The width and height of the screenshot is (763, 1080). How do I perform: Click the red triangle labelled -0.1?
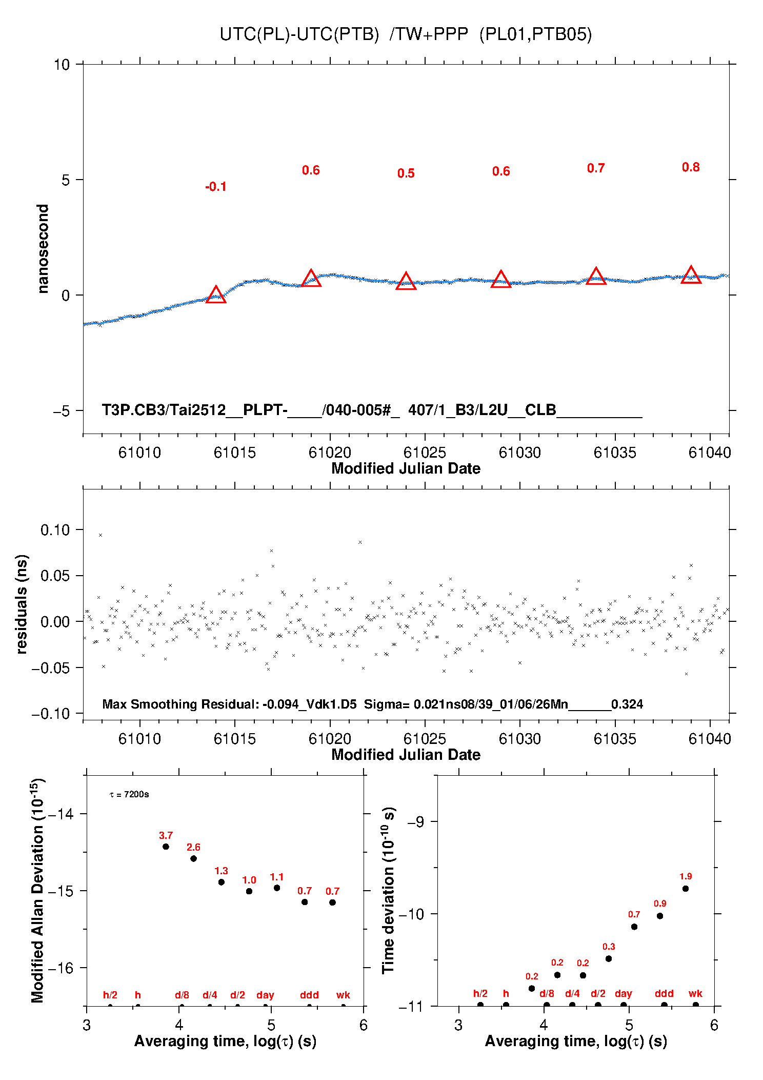coord(216,295)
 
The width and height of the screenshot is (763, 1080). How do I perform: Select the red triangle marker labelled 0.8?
coord(691,275)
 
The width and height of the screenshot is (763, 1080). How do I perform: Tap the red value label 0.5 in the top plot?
coord(406,173)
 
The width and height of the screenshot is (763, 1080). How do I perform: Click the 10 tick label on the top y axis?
coord(62,65)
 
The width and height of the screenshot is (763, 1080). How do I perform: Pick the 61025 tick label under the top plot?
coord(425,453)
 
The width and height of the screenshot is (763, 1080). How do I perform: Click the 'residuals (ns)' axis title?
coord(22,604)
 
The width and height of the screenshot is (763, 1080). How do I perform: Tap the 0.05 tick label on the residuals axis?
coord(55,576)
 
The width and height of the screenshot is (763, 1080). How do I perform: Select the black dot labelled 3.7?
coord(166,847)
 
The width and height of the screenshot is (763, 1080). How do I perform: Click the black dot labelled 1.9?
coord(686,889)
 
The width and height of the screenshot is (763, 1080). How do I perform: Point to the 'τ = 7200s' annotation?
coord(129,795)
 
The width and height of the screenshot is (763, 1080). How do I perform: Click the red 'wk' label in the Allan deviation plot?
coord(343,995)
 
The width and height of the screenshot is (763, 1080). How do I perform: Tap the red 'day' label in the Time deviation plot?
coord(623,993)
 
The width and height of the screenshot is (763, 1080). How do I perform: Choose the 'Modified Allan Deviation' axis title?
coord(37,890)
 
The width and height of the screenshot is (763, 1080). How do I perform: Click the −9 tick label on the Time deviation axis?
coord(415,822)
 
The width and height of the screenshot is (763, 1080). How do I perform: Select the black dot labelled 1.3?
coord(222,882)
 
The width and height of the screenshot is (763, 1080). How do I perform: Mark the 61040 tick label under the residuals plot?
coord(710,739)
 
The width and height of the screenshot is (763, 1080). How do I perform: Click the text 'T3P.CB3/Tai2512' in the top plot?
coord(163,410)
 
